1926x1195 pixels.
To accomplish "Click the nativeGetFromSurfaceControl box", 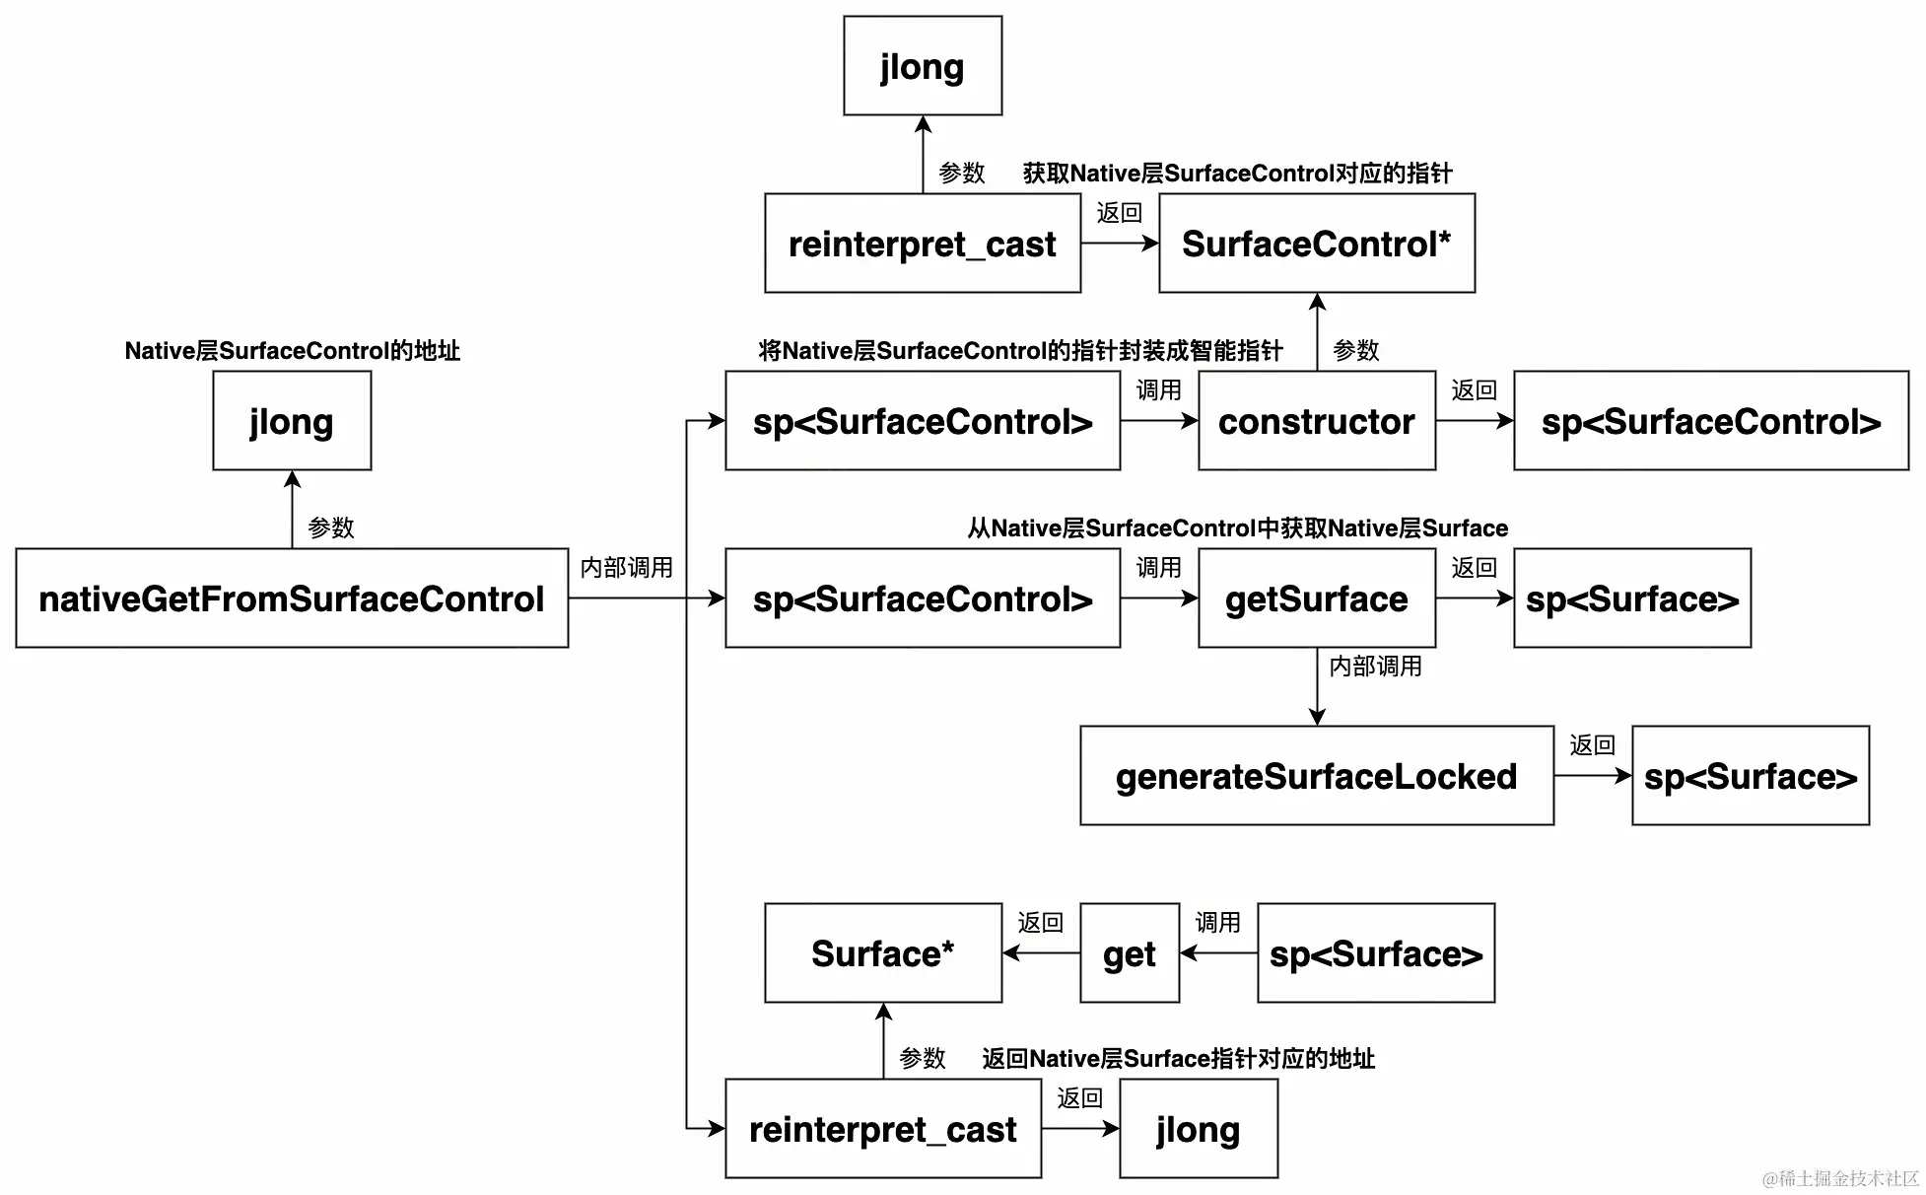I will click(292, 597).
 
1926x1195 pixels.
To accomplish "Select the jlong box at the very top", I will click(923, 65).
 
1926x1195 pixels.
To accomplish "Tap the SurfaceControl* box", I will click(1317, 243).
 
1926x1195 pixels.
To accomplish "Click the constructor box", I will click(1317, 421).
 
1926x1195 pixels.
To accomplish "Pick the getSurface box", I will click(1317, 597).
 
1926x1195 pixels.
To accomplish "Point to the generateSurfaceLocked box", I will click(1317, 776).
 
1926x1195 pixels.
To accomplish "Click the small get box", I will click(1130, 953).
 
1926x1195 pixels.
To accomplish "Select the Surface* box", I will click(883, 953).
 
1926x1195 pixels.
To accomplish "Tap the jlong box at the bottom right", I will click(1199, 1129).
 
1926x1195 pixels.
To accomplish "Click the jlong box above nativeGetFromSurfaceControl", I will click(292, 421).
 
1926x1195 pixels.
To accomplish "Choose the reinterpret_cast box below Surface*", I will click(883, 1129).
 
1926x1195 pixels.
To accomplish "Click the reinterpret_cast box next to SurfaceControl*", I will click(923, 243).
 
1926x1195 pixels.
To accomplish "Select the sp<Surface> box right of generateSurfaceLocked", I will click(1751, 776).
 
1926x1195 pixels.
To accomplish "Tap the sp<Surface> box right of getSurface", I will click(1632, 597).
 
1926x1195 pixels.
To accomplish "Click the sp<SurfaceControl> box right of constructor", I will click(1711, 421).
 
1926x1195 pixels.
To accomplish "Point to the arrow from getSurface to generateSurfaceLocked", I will click(1317, 687).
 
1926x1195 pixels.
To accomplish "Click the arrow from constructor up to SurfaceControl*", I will click(1317, 332).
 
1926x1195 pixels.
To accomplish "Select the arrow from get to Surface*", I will click(1041, 953).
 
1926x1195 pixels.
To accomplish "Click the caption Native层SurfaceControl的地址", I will click(292, 351).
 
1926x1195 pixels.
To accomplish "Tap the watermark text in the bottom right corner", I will click(1840, 1178).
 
